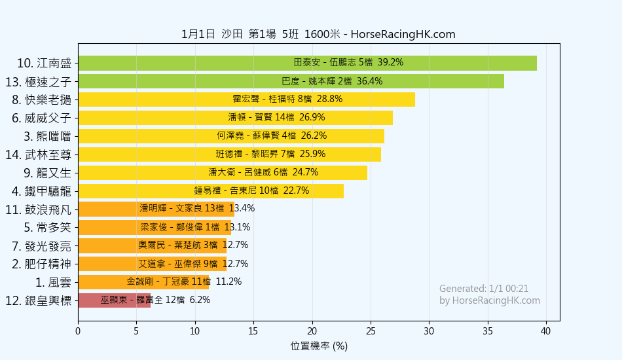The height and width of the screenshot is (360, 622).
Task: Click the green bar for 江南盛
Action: pos(307,63)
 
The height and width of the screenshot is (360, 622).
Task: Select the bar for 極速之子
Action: pos(291,82)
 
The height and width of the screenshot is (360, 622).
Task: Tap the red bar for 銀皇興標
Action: pos(114,300)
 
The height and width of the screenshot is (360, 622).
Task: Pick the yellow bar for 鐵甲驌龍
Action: pos(210,191)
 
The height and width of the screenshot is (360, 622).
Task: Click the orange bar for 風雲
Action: pos(143,282)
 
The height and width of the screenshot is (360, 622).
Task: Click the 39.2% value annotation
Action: pos(390,63)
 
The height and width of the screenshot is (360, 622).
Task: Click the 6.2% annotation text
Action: pos(200,300)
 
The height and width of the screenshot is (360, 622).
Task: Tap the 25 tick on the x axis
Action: pos(371,331)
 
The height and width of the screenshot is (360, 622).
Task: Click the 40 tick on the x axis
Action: pos(546,331)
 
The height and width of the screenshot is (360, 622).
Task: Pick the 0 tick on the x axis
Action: pos(78,331)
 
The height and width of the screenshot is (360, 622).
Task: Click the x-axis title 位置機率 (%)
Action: pos(319,346)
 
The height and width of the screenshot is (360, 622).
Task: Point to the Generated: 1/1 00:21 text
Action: pos(484,289)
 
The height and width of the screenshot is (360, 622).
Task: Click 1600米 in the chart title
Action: pos(322,35)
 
